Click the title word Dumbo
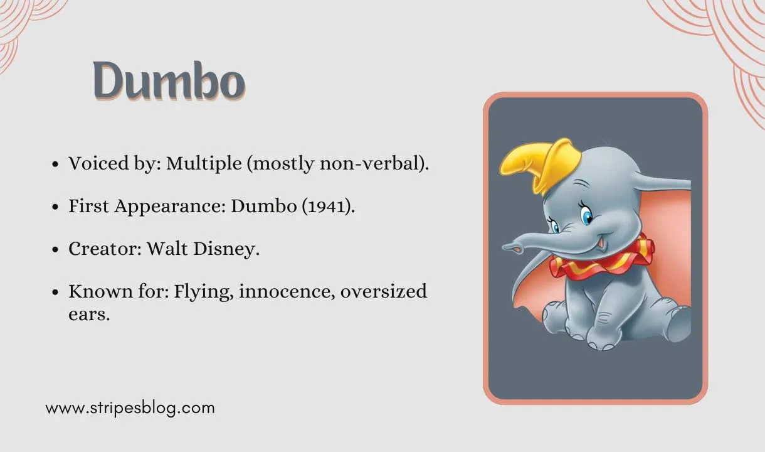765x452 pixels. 169,80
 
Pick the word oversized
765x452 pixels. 384,291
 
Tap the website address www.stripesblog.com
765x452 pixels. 130,408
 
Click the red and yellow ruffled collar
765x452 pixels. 602,257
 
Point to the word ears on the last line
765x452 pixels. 89,314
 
